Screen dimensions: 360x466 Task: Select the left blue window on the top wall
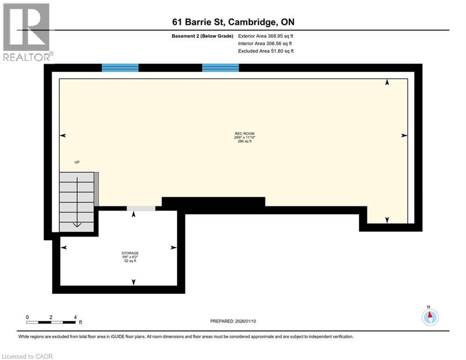120,68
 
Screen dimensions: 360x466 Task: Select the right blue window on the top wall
220,68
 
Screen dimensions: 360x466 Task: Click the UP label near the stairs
77,162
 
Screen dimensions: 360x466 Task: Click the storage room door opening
141,209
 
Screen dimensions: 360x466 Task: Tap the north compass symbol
429,317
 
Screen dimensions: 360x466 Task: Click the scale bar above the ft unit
51,322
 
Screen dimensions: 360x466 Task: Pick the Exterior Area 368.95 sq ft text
266,36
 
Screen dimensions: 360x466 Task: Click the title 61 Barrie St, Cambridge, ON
233,22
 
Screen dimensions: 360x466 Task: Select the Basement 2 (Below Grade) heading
202,36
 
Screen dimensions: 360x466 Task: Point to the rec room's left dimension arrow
63,135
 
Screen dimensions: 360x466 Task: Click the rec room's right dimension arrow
404,135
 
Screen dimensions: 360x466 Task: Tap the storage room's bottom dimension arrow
133,282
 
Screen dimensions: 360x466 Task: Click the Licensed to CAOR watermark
28,356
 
